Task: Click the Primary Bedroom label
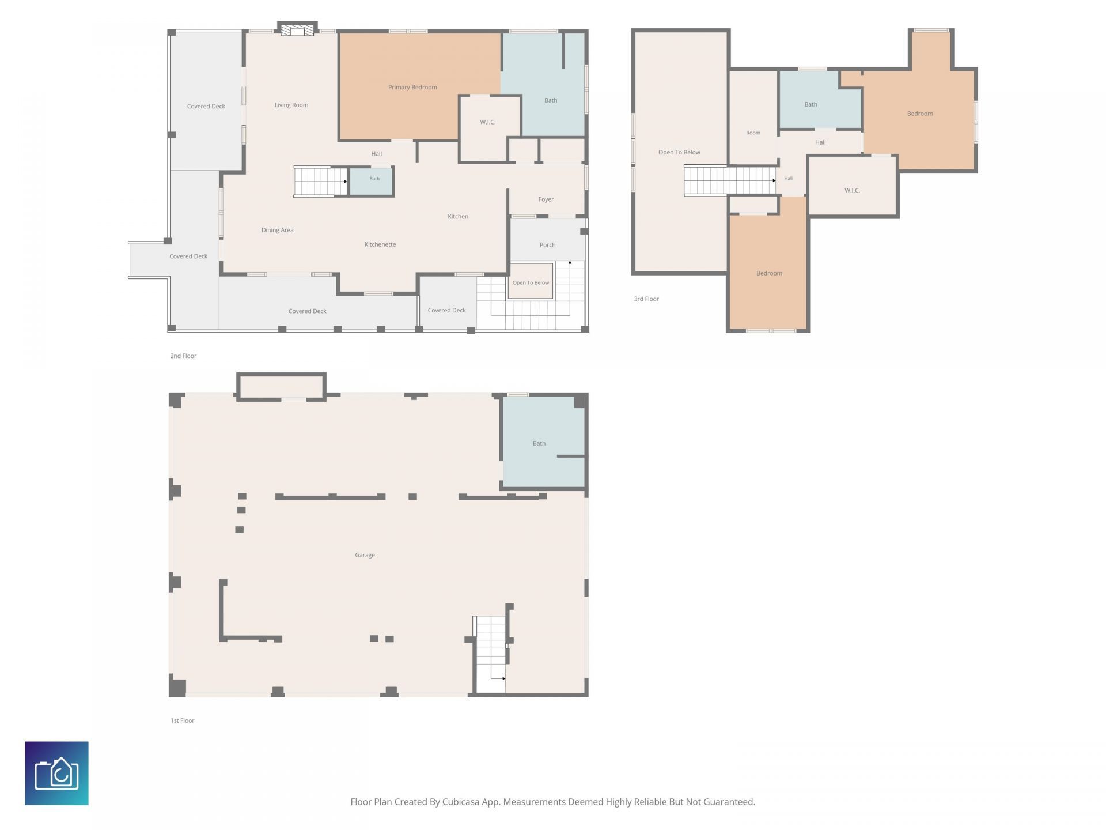pos(412,88)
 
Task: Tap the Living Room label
pos(291,105)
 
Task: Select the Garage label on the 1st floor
pos(365,555)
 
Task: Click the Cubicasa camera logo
pos(56,773)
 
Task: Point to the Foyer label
pos(546,199)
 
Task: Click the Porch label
pos(547,245)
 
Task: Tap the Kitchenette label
pos(380,244)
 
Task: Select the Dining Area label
pos(278,230)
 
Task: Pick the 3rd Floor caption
pos(646,299)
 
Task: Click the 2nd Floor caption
pos(183,356)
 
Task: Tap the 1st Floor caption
pos(183,720)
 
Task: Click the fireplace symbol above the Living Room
pos(297,29)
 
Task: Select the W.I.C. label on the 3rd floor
pos(852,191)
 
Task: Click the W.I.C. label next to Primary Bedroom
pos(487,122)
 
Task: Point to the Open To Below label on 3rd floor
pos(679,153)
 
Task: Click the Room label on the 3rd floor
pos(753,133)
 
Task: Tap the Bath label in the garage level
pos(539,443)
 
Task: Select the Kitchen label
pos(458,217)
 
